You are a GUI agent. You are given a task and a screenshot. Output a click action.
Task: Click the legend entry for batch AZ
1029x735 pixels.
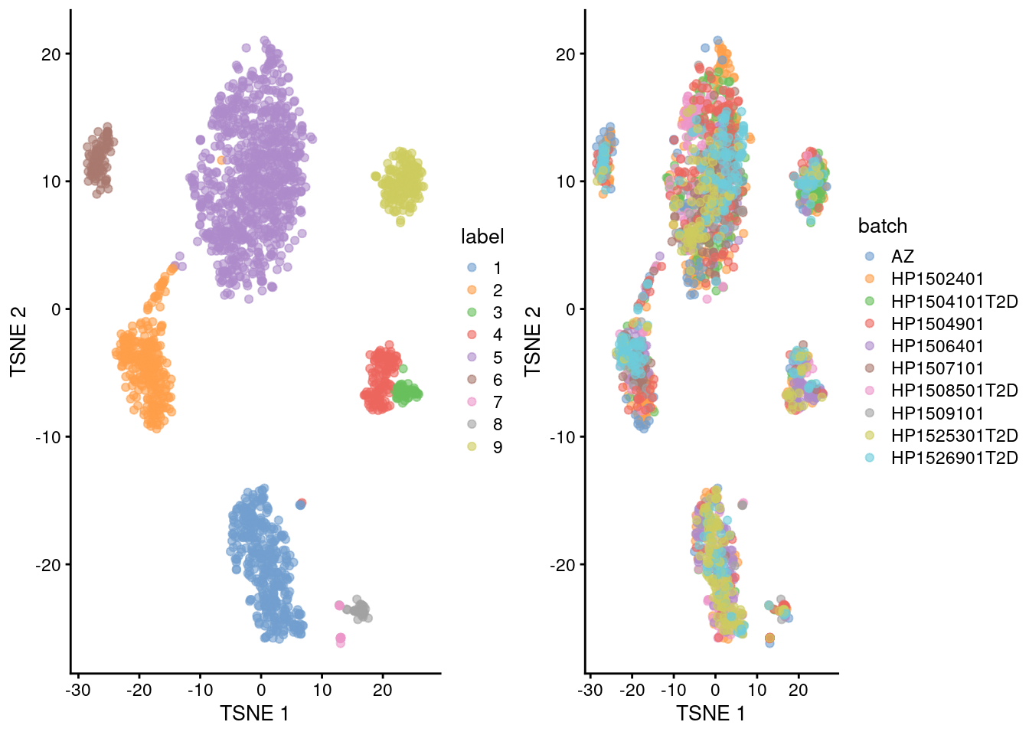coord(902,256)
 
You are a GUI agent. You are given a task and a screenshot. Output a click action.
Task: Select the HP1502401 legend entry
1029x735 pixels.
coord(936,279)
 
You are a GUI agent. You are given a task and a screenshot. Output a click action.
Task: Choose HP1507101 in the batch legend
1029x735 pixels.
coord(936,368)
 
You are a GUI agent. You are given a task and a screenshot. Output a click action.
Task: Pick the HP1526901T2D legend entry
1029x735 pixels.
coord(954,458)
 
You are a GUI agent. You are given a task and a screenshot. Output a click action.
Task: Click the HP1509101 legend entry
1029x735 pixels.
coord(936,413)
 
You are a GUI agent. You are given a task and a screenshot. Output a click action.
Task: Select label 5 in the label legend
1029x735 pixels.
coord(497,358)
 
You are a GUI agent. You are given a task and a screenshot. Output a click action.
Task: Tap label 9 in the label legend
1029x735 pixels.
coord(497,447)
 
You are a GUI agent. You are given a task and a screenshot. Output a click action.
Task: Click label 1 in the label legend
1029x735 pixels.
coord(497,268)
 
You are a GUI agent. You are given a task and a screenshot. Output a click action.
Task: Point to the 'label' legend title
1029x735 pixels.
coord(482,237)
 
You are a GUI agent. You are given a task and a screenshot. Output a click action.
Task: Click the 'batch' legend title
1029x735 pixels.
coord(882,226)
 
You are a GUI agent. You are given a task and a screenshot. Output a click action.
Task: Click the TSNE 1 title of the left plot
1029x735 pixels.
coord(254,714)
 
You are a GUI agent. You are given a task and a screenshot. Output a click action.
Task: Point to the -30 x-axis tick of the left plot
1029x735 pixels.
coord(78,690)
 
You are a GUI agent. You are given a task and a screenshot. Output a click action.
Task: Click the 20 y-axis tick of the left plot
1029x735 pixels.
coord(51,54)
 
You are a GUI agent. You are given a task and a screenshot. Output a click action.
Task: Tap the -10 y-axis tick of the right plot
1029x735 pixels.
coord(565,437)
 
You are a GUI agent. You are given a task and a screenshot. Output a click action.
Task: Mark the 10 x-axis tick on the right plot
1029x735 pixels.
coord(756,690)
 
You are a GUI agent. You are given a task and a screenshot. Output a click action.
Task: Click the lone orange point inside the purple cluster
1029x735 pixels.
coord(221,161)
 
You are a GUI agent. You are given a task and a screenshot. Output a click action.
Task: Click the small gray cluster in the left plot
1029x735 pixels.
coord(358,610)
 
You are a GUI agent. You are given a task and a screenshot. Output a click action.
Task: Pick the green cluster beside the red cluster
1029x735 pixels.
coord(407,393)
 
